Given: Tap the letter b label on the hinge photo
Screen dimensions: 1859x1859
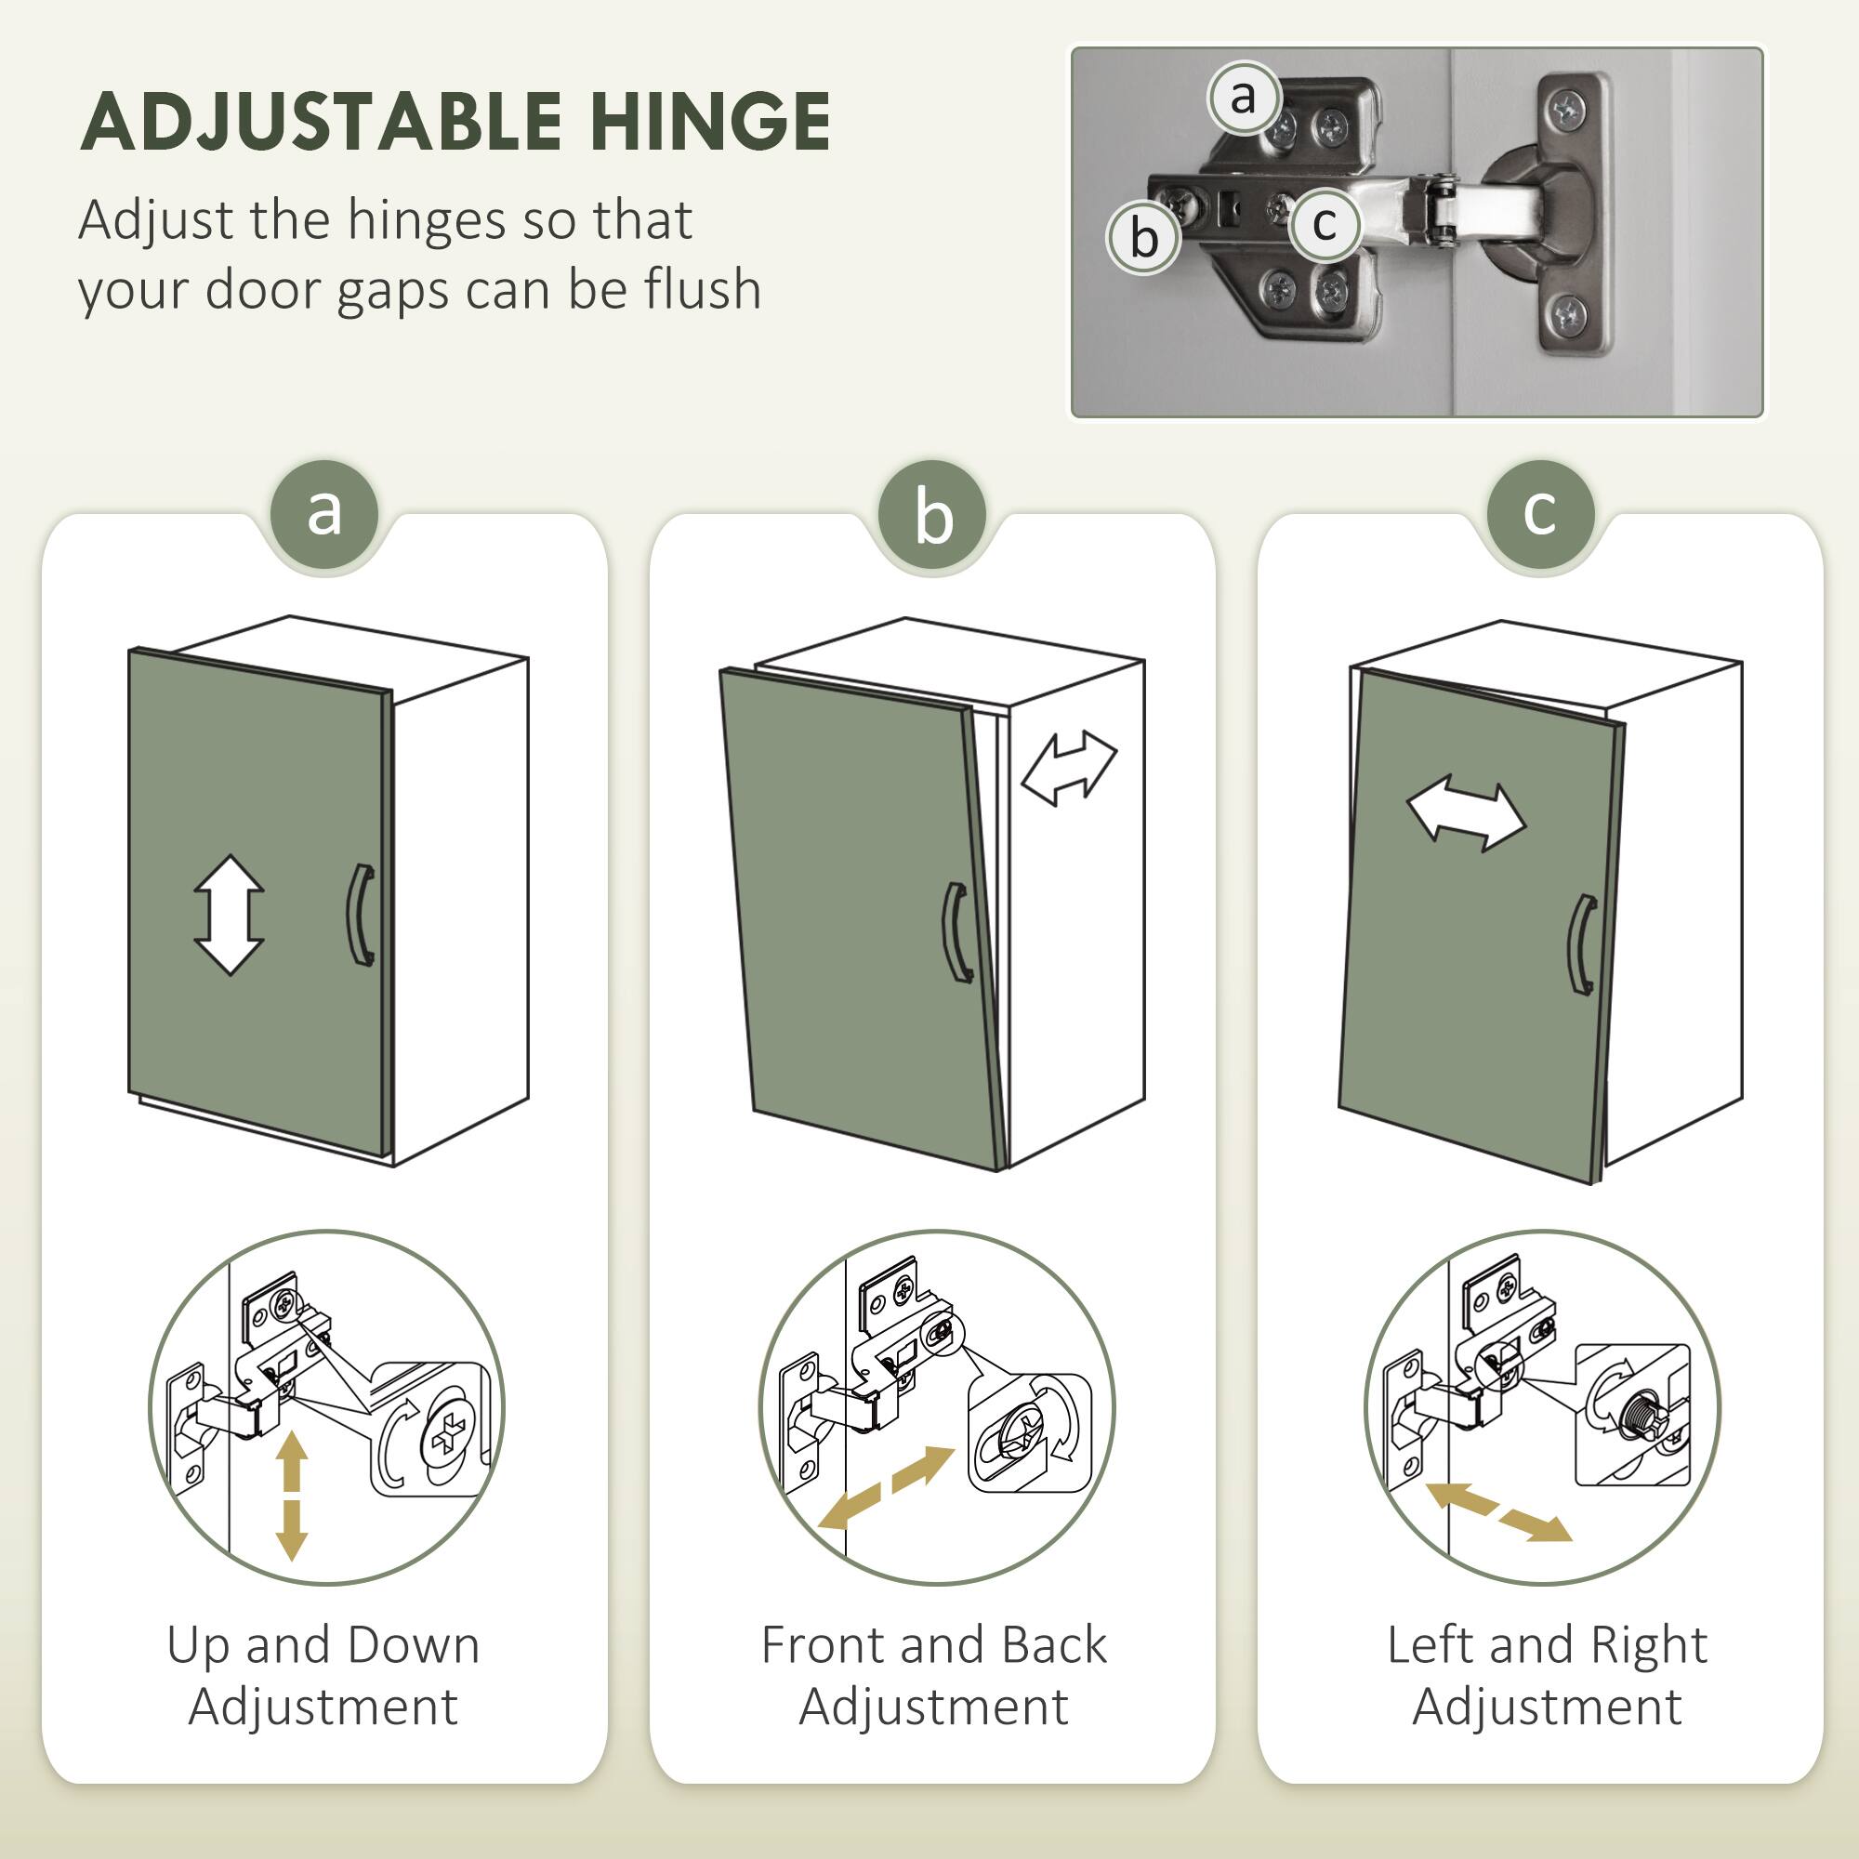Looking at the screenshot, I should point(1143,237).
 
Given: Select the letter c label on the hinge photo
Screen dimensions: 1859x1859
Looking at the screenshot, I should point(1324,224).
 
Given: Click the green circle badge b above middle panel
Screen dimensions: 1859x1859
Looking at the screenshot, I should point(931,516).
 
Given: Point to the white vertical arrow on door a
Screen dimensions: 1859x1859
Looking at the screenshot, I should point(229,914).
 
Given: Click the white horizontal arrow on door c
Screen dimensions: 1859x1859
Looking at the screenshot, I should point(1466,816).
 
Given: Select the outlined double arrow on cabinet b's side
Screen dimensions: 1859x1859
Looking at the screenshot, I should point(1068,767).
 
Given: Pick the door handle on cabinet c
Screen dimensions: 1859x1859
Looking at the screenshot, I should point(1581,944).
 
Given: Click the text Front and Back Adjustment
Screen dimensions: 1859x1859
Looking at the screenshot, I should point(932,1675).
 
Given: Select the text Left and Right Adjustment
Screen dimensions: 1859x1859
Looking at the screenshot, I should point(1547,1675).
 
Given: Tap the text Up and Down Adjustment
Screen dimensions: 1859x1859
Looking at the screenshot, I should point(323,1675).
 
